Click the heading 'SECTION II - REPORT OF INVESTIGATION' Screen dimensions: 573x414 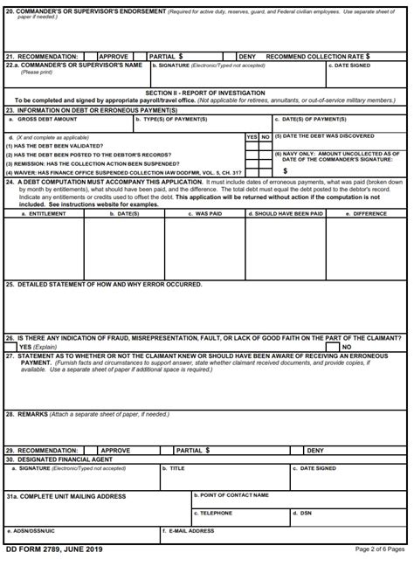tap(206, 92)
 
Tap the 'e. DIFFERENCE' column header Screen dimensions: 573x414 tap(369, 212)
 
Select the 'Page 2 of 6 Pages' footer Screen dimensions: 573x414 tap(380, 549)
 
